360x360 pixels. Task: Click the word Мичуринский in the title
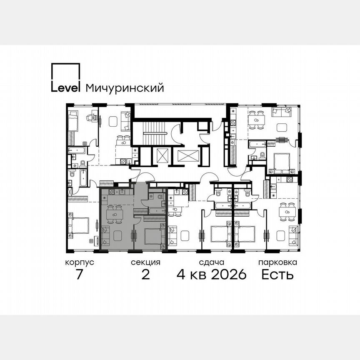coord(125,88)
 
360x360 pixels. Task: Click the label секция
coord(145,262)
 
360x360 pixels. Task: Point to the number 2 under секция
coord(145,275)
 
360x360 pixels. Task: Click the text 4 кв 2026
coord(212,275)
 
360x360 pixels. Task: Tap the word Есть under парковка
coord(277,275)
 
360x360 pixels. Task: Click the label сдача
coord(212,262)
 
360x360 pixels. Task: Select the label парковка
coord(277,262)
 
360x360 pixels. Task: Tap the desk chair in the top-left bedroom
coord(90,118)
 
